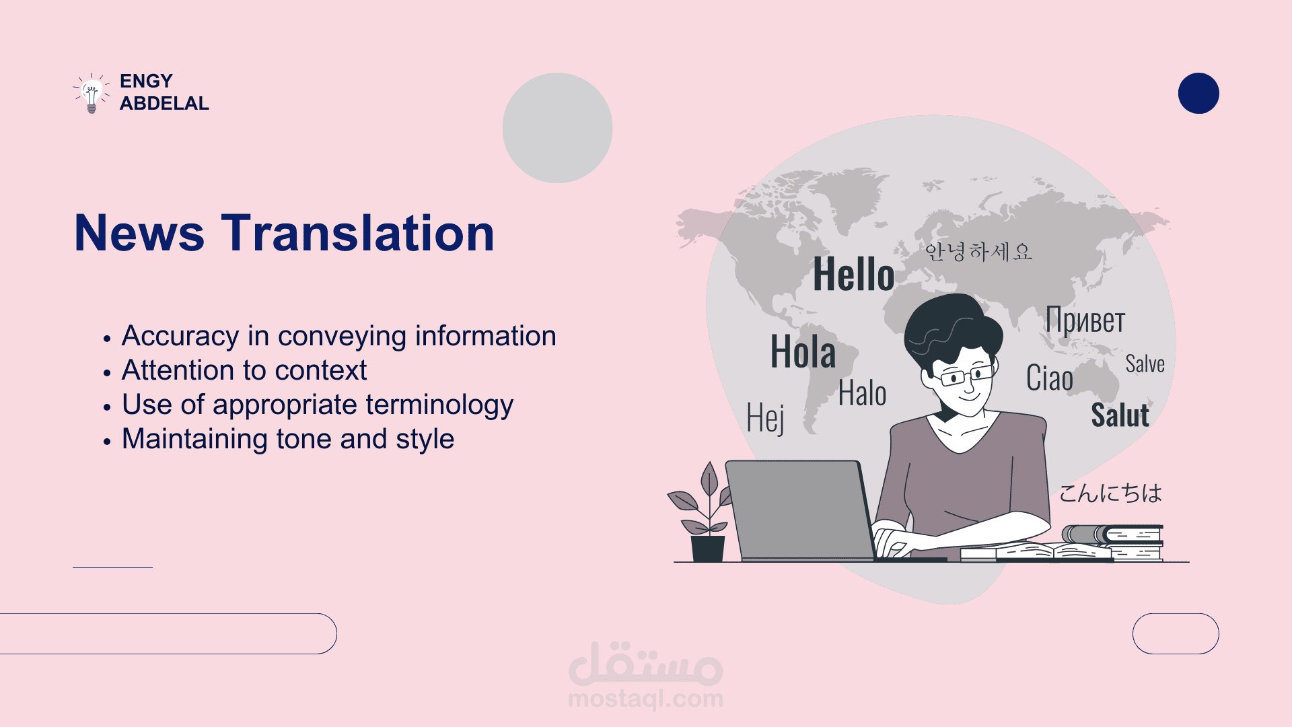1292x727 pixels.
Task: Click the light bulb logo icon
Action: tap(92, 93)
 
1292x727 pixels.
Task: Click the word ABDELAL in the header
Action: tap(164, 104)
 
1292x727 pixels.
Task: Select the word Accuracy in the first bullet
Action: tap(180, 336)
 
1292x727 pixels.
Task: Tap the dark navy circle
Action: tap(1198, 93)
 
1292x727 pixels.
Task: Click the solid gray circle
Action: tap(557, 128)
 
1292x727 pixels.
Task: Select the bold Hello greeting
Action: tap(854, 274)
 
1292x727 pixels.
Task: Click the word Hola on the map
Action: tap(803, 351)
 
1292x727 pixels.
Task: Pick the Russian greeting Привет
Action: tap(1085, 320)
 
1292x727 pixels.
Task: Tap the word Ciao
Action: tap(1050, 378)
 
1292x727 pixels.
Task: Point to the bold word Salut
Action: tap(1120, 415)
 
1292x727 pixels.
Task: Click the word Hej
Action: tap(766, 418)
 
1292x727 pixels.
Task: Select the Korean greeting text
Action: tap(978, 251)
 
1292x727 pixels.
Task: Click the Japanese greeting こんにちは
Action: tap(1110, 493)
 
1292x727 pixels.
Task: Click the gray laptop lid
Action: tap(799, 509)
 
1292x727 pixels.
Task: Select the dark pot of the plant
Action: tap(708, 548)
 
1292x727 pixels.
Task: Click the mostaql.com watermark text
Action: tap(645, 699)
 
